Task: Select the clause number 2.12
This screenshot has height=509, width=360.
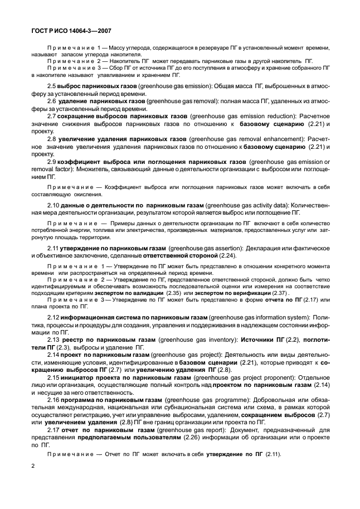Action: tap(54, 316)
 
